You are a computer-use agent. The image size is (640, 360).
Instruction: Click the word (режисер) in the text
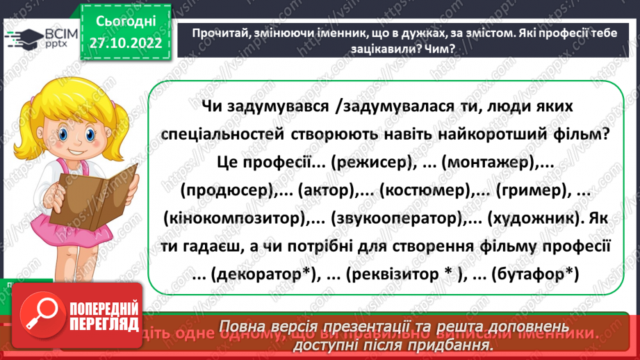pyautogui.click(x=368, y=163)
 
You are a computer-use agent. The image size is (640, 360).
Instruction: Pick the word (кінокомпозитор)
pyautogui.click(x=237, y=218)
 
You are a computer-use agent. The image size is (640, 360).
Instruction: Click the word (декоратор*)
pyautogui.click(x=258, y=274)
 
